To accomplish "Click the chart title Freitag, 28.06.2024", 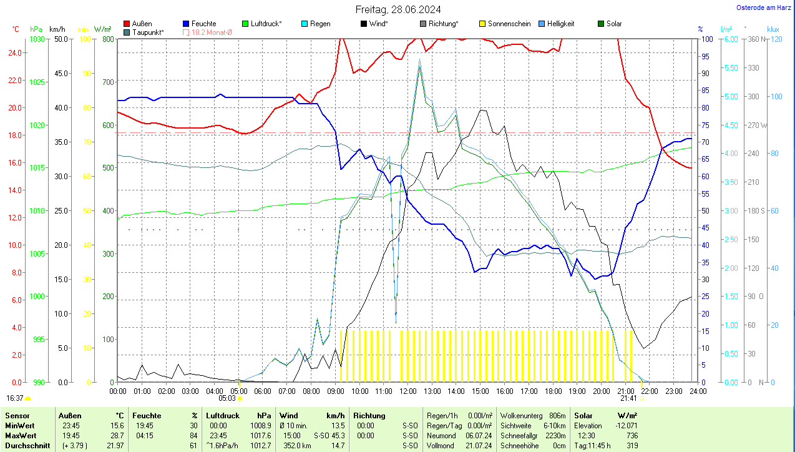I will point(398,9).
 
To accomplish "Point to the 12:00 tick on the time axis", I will point(408,391).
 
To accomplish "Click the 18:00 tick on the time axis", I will point(553,391).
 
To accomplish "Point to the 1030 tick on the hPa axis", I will point(37,39).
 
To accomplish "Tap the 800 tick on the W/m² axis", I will point(108,39).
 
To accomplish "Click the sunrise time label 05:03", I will point(227,398).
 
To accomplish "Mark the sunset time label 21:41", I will point(628,398).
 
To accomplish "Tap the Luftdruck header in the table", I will point(223,415).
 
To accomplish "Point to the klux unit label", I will point(773,29).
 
